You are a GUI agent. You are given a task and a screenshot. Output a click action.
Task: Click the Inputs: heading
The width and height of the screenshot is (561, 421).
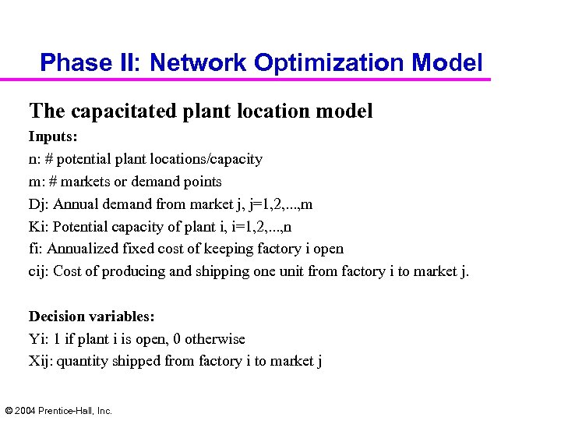pyautogui.click(x=53, y=136)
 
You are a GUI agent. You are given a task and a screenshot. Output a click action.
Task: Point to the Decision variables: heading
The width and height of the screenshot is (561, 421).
pyautogui.click(x=92, y=317)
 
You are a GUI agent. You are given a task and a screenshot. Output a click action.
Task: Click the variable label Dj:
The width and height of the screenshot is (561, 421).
pyautogui.click(x=38, y=204)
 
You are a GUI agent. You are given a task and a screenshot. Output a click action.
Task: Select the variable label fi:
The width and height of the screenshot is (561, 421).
pyautogui.click(x=36, y=249)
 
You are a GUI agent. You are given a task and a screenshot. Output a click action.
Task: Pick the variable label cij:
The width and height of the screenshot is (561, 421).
pyautogui.click(x=39, y=272)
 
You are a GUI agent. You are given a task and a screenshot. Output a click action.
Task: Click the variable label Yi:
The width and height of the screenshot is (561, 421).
pyautogui.click(x=38, y=339)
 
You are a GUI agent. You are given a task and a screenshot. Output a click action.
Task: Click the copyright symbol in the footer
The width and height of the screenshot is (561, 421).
pyautogui.click(x=9, y=410)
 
